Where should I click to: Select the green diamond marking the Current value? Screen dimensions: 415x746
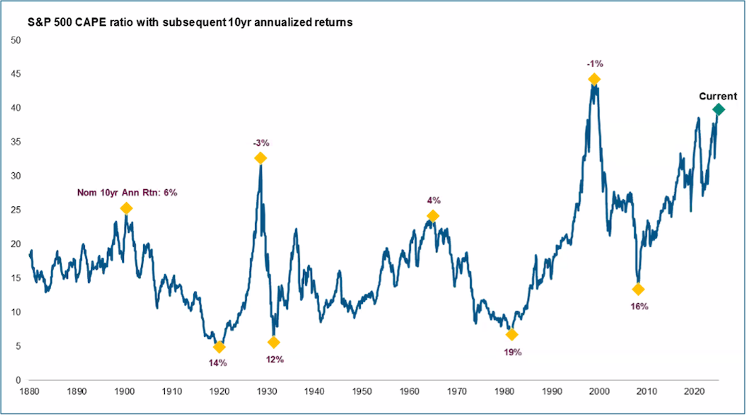point(718,109)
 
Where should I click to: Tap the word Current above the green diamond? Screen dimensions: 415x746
point(718,96)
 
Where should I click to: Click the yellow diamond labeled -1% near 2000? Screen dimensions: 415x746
point(594,79)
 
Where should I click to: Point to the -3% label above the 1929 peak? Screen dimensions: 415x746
point(260,143)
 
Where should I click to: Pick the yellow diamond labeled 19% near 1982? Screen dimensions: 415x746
point(511,334)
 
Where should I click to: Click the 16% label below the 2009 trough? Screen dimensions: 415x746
point(639,306)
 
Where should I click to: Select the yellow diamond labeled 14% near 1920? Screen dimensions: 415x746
point(218,347)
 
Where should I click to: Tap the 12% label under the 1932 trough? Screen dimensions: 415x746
point(275,359)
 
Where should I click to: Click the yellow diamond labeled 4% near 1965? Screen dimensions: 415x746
point(433,216)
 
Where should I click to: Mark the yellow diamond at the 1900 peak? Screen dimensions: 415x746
point(125,208)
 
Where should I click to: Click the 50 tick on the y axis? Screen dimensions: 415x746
point(18,40)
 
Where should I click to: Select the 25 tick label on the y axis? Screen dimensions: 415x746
point(18,210)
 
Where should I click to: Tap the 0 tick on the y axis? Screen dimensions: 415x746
point(20,380)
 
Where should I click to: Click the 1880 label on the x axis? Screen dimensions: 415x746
point(29,391)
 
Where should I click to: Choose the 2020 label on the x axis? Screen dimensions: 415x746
point(694,391)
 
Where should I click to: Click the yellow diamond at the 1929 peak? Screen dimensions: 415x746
point(260,158)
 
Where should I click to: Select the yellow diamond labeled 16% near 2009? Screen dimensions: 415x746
point(638,290)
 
